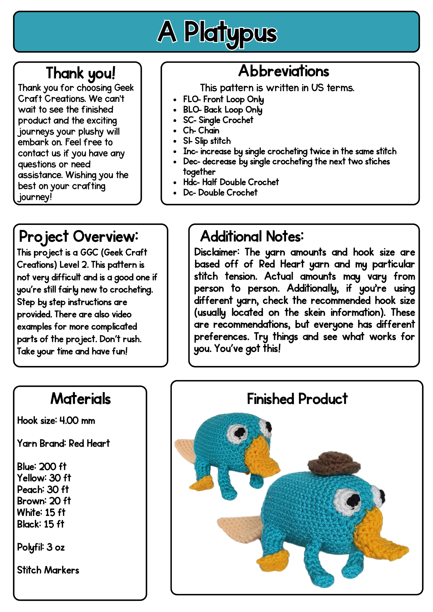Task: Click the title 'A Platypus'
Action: tap(217, 32)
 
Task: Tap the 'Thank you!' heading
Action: tap(81, 73)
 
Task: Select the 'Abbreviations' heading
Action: tap(284, 71)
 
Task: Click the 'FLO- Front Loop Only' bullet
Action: tap(223, 99)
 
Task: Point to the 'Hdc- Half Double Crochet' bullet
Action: tap(231, 182)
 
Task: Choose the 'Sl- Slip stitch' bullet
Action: tap(207, 141)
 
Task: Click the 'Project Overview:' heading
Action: tap(78, 237)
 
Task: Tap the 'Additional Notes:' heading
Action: tap(252, 237)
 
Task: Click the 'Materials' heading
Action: tap(81, 399)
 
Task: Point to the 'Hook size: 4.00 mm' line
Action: tap(56, 421)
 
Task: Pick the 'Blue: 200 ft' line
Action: tap(42, 467)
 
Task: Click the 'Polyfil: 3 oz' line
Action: tap(41, 547)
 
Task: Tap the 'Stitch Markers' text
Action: tap(48, 570)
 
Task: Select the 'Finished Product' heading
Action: tap(297, 399)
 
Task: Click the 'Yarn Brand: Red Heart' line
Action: tap(63, 443)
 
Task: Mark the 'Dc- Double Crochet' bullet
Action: tap(220, 193)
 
